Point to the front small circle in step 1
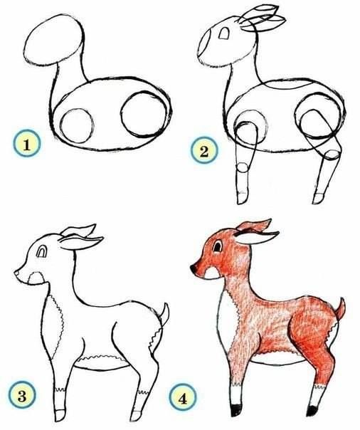pyautogui.click(x=77, y=124)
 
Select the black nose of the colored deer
pyautogui.click(x=194, y=268)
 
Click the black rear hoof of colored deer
pyautogui.click(x=311, y=410)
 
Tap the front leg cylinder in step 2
pyautogui.click(x=243, y=178)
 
